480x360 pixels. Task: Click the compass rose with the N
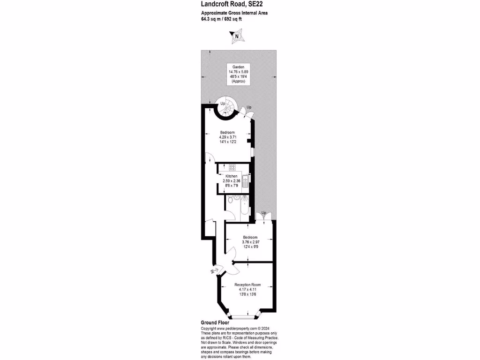pyautogui.click(x=236, y=36)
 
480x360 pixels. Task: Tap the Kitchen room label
pyautogui.click(x=232, y=176)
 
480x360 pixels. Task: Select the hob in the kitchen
pyautogui.click(x=232, y=167)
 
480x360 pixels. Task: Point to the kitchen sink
pyautogui.click(x=246, y=181)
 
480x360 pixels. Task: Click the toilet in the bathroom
pyautogui.click(x=230, y=199)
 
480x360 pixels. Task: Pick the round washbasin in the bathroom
pyautogui.click(x=237, y=198)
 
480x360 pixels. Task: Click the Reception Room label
pyautogui.click(x=247, y=285)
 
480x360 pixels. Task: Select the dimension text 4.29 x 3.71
pyautogui.click(x=228, y=137)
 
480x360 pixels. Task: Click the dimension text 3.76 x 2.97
pyautogui.click(x=250, y=242)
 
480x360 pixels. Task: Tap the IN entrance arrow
pyautogui.click(x=214, y=270)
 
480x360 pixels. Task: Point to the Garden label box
pyautogui.click(x=238, y=74)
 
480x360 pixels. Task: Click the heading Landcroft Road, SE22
pyautogui.click(x=232, y=4)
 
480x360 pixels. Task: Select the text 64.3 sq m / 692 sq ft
pyautogui.click(x=221, y=19)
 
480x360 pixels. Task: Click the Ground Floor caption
pyautogui.click(x=215, y=322)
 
